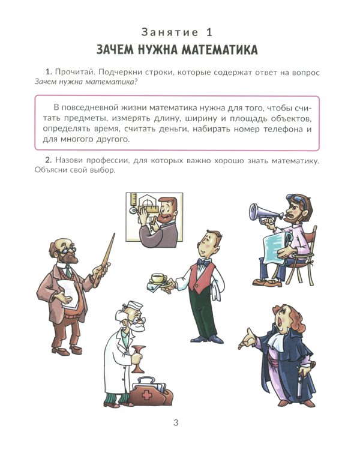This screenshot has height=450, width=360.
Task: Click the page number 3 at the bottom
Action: pos(176,423)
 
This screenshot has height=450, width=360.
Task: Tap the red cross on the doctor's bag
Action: pos(146,394)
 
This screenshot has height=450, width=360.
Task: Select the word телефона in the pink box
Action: pos(282,129)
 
